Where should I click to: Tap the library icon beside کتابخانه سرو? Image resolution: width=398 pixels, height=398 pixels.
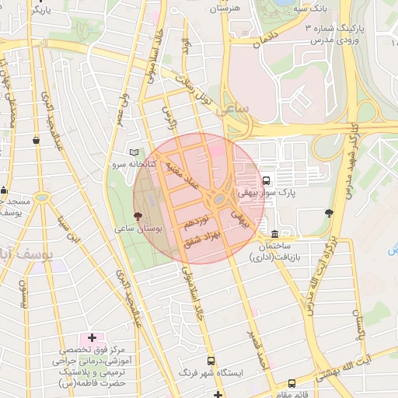pyautogui.click(x=134, y=153)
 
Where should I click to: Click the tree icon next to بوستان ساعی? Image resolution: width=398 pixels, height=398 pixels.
pyautogui.click(x=138, y=216)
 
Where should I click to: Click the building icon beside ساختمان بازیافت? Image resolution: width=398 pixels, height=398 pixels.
pyautogui.click(x=274, y=234)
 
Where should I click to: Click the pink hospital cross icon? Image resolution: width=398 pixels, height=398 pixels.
pyautogui.click(x=93, y=337)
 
